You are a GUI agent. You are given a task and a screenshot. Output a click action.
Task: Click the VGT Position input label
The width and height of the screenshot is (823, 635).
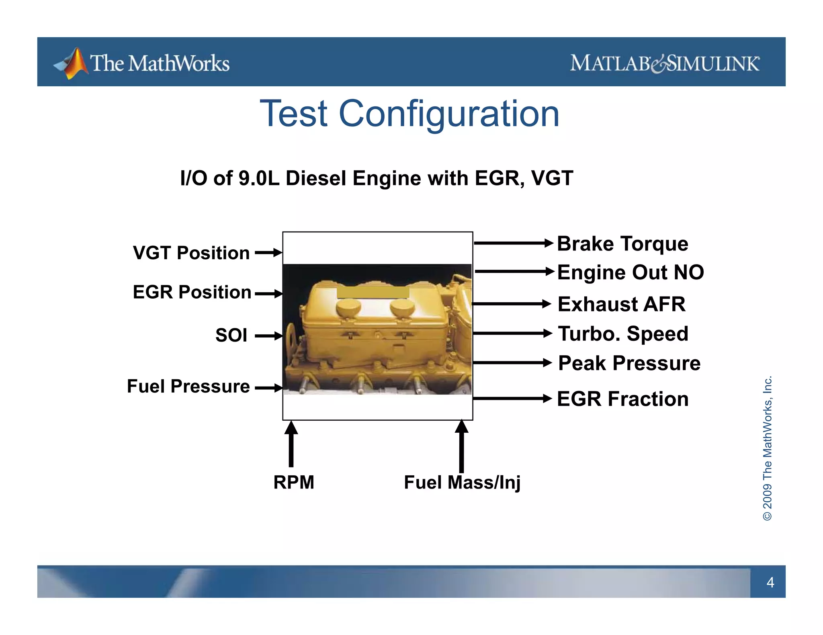[191, 253]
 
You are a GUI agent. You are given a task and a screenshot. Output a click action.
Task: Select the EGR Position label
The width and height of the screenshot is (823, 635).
[192, 292]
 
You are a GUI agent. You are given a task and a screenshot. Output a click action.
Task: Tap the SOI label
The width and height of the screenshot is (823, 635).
[231, 335]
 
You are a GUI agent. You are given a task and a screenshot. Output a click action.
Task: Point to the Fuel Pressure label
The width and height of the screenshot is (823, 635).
[188, 386]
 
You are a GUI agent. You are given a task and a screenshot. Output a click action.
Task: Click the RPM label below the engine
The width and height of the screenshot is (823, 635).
[294, 482]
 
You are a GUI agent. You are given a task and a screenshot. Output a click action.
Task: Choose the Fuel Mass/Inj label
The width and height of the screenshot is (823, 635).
[462, 482]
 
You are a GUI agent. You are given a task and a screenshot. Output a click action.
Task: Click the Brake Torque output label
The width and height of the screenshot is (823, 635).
[622, 244]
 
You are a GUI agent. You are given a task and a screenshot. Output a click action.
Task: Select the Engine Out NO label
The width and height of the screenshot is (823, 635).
[630, 272]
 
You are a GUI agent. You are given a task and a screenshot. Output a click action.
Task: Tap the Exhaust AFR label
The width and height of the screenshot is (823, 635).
[621, 304]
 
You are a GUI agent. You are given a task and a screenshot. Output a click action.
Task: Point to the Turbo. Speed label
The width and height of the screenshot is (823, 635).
[623, 334]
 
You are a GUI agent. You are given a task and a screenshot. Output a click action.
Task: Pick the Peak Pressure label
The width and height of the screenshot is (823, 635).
[629, 363]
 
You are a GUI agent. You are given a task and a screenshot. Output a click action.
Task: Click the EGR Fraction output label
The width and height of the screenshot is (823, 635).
[622, 399]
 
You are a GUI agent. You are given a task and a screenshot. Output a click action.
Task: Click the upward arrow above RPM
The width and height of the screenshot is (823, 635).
[291, 444]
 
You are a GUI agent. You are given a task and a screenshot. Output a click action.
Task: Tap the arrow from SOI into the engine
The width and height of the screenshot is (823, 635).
[268, 336]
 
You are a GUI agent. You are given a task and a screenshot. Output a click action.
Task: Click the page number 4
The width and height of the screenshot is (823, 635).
[770, 582]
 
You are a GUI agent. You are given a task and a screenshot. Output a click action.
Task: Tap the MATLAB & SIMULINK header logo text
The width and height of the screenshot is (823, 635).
[665, 63]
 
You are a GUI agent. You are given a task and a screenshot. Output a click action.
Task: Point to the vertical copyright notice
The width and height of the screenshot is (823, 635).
[767, 448]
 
